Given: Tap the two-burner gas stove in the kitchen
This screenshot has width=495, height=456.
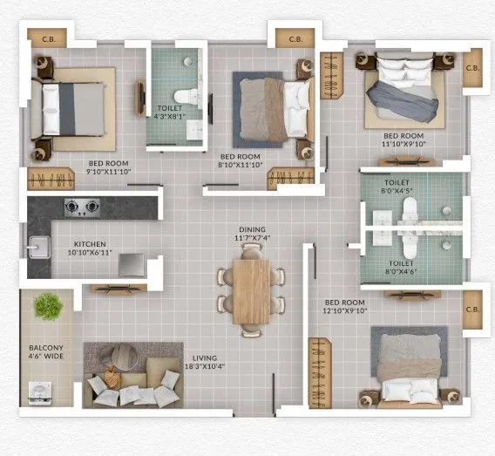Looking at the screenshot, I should point(81,208).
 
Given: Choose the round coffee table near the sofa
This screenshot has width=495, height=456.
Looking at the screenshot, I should point(121,357).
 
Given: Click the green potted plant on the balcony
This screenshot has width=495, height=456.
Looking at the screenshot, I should point(48,306).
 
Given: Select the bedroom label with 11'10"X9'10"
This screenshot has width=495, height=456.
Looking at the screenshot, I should point(403,140).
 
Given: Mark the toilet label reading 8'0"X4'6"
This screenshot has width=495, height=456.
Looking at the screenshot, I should point(401,266).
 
